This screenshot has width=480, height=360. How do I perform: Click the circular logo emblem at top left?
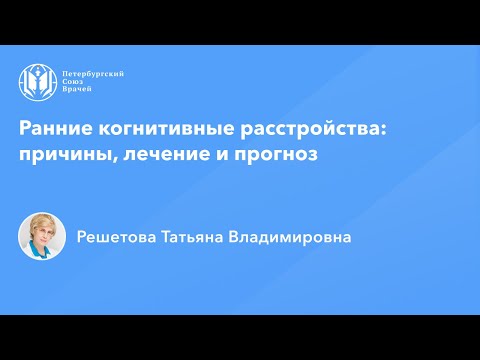[36, 82]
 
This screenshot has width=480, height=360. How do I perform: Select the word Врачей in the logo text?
[77, 92]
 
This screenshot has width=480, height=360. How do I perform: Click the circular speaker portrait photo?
[42, 237]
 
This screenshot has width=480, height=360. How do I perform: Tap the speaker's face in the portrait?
[42, 235]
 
